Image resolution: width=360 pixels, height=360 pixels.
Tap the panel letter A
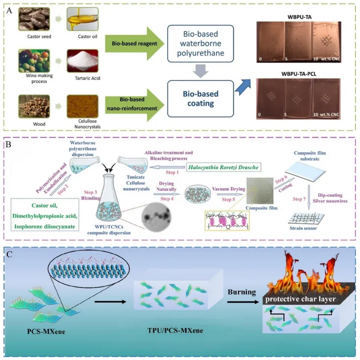9,11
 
